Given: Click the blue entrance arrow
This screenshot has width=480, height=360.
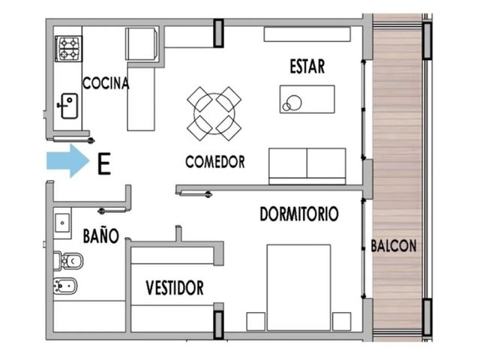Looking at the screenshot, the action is [x=68, y=160].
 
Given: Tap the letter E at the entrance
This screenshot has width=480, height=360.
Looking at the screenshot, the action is [x=103, y=164].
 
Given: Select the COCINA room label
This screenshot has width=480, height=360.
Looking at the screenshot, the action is [x=106, y=83].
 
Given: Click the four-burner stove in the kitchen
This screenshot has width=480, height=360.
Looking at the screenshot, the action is [x=68, y=49].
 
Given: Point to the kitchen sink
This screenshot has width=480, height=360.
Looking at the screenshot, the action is [x=68, y=106].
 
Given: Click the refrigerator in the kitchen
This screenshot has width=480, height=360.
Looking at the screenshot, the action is [x=142, y=43].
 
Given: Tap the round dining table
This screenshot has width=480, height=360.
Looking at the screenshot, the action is [x=214, y=113].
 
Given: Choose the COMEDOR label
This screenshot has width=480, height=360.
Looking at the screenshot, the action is [x=215, y=162].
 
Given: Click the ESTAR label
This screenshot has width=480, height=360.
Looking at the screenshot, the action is [x=307, y=67].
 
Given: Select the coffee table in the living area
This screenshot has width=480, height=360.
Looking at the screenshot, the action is [x=307, y=99].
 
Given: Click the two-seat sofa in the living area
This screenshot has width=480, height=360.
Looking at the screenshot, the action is [x=307, y=166].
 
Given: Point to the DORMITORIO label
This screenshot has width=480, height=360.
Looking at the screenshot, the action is [x=299, y=214].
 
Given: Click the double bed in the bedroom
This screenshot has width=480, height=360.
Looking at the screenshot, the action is [x=298, y=287].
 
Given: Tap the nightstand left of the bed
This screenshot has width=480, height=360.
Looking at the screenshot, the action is [x=256, y=322].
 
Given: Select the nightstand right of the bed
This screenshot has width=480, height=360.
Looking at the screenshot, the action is [x=342, y=322].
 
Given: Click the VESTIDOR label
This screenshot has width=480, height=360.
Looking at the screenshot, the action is [x=175, y=288].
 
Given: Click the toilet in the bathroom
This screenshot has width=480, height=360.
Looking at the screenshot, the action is [x=68, y=261].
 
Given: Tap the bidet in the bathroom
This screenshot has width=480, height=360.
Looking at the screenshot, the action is [x=65, y=286].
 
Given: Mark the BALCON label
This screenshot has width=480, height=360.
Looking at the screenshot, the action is [x=394, y=245].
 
